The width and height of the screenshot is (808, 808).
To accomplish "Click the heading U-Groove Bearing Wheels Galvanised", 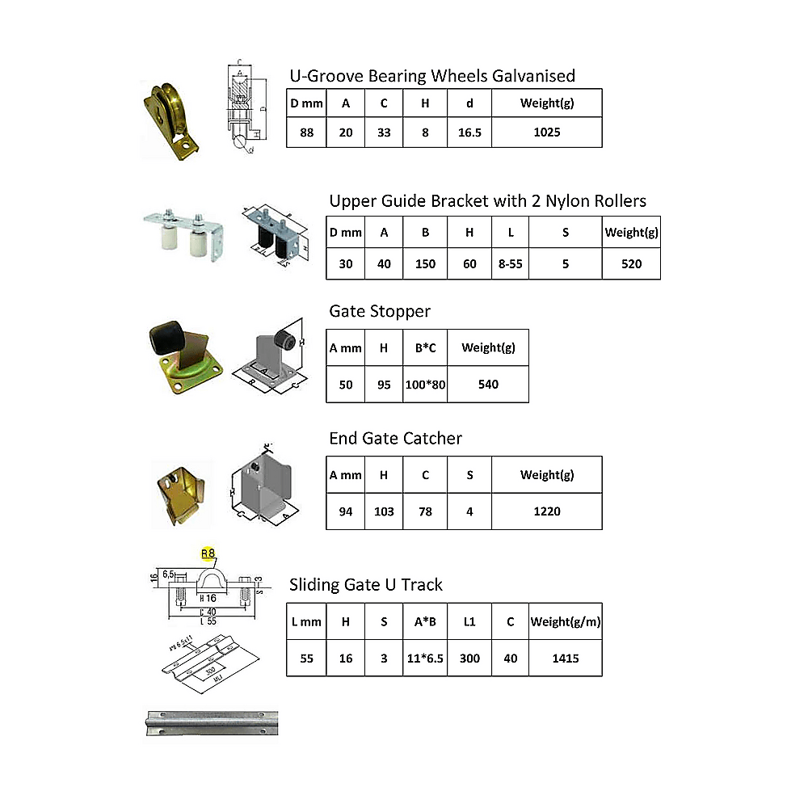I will point(432,76).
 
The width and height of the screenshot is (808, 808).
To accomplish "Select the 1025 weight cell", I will point(546,133).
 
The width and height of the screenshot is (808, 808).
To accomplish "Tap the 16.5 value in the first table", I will point(469,133).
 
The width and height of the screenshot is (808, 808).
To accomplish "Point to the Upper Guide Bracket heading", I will point(487,200).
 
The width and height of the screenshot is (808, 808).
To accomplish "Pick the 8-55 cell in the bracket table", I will point(510,263).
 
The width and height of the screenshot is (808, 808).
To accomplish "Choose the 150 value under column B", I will point(425,263).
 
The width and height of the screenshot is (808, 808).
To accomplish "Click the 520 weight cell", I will point(631,263).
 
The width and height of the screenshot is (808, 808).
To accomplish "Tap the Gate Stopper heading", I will point(380,311).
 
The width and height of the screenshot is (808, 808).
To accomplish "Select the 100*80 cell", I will point(425,385).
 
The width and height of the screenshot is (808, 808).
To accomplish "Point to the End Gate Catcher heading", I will point(395,439).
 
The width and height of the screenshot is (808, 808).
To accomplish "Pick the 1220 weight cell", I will point(546,511).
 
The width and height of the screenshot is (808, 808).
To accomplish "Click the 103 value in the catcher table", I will point(384,511).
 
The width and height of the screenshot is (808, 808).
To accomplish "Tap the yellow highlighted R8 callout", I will point(208,553).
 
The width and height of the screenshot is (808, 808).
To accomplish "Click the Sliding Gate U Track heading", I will point(365,584).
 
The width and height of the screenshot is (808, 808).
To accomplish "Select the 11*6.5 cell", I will point(425,659).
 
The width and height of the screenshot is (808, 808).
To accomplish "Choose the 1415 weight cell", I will point(565,659).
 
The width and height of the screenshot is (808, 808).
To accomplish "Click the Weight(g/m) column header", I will point(565,622).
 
